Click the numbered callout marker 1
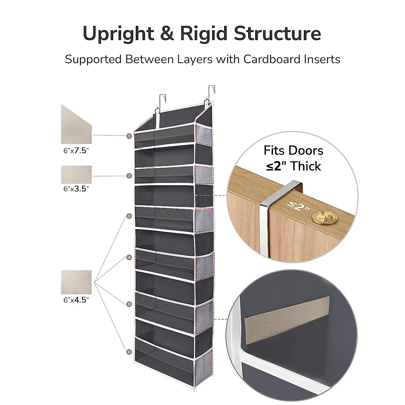[129, 136]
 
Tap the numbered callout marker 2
[129, 176]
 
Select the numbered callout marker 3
[129, 216]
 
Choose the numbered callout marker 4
[129, 258]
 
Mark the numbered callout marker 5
[129, 304]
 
